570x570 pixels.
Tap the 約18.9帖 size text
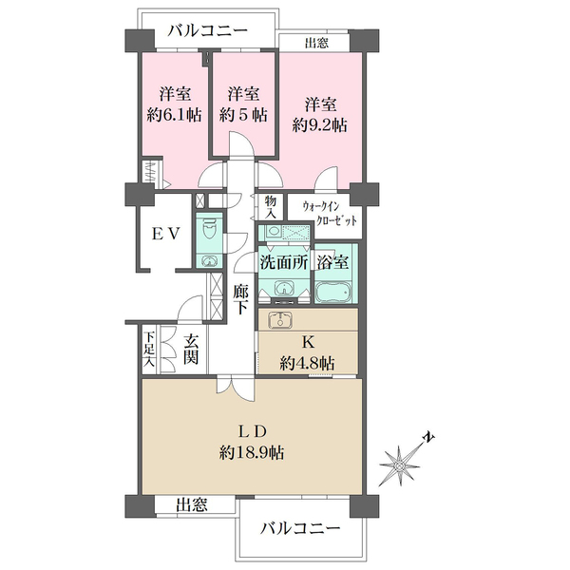251,453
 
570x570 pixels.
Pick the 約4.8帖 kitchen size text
307,362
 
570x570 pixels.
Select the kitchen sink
280,320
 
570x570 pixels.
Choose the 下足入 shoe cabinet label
149,349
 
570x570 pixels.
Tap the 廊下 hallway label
241,299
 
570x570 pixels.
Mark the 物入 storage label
271,207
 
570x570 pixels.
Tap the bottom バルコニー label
298,527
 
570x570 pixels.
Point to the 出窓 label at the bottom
192,506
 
